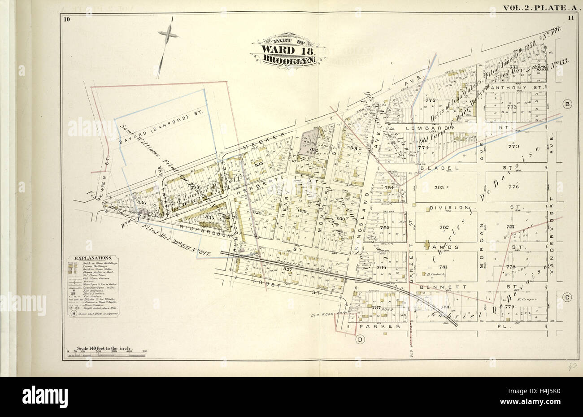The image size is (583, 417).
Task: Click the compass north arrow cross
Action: [167, 35]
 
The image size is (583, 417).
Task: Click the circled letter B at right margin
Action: [567, 104]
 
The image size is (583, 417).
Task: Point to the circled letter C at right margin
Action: [567, 297]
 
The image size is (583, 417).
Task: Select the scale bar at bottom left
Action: [106, 355]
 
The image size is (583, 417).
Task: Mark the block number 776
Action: [513, 187]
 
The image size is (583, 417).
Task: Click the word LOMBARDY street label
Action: [434, 127]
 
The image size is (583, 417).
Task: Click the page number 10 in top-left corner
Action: [67, 18]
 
